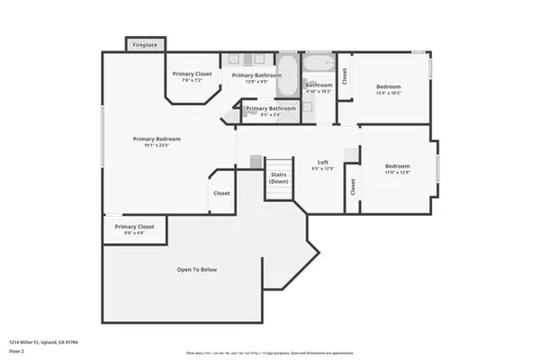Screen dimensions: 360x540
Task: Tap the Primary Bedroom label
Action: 157,139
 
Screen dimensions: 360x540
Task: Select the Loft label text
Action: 322,162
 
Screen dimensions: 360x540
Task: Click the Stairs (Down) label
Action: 279,178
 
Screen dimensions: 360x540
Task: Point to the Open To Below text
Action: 196,269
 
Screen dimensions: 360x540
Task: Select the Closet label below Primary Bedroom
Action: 221,193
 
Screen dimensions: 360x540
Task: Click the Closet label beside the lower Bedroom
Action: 352,186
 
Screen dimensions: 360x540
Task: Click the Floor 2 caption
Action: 18,351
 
